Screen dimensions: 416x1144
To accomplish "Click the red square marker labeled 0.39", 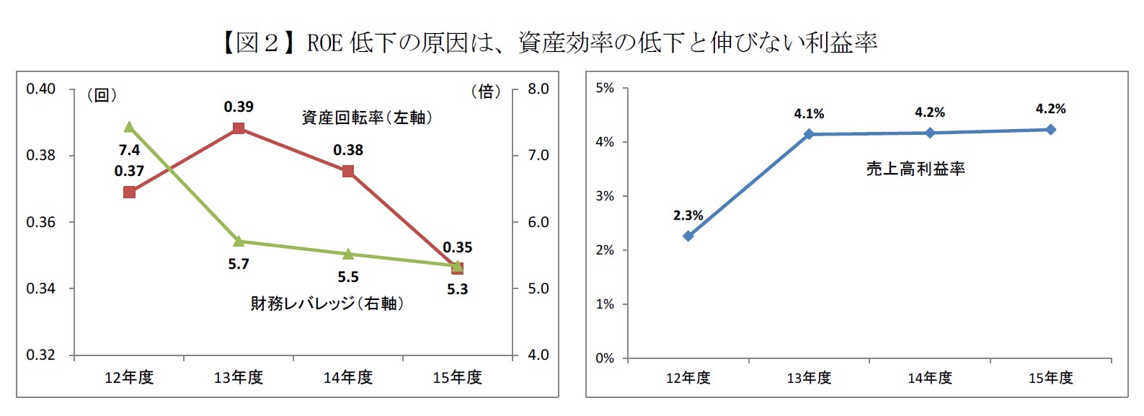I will [x=239, y=128].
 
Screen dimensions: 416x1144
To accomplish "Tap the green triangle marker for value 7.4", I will [x=129, y=128].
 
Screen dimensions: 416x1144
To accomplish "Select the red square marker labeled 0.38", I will [x=348, y=171].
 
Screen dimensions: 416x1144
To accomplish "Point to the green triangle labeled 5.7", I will [x=239, y=241].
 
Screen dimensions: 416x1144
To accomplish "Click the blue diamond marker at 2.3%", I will [x=688, y=236].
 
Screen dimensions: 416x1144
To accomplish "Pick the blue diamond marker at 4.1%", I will [x=809, y=134].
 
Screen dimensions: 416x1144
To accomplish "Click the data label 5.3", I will [x=457, y=289].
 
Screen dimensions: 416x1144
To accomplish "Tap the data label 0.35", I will [x=457, y=247].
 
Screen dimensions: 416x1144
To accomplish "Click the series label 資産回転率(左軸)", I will [x=367, y=118].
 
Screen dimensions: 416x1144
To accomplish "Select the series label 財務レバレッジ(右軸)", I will [x=327, y=304].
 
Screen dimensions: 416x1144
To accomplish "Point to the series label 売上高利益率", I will [x=915, y=169].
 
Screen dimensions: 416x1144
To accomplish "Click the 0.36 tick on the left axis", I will [x=40, y=222].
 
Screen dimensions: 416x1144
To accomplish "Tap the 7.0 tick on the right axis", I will [x=538, y=155].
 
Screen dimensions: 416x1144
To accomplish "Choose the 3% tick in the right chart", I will [x=605, y=196].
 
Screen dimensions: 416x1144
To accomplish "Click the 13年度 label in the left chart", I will [x=239, y=377].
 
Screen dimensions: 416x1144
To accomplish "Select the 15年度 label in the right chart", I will [x=1050, y=378].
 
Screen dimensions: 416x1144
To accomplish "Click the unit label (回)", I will [x=102, y=95].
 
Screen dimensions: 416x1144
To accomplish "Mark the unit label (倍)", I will [x=486, y=92].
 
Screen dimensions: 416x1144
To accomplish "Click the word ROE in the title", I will [x=324, y=43].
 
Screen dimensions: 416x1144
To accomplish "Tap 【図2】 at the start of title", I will [x=257, y=43].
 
